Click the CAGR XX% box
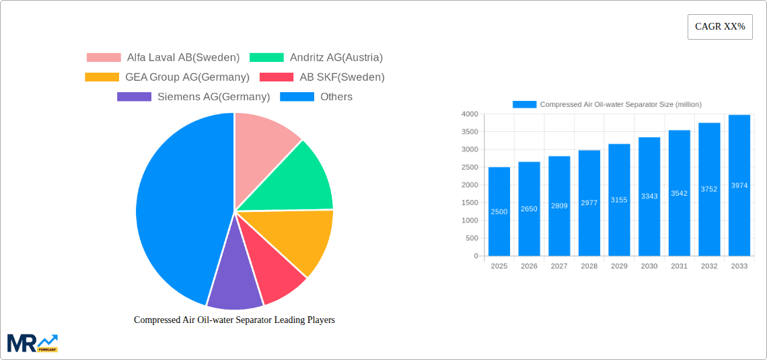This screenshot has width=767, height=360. tap(720, 27)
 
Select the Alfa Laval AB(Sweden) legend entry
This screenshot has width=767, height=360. tap(163, 58)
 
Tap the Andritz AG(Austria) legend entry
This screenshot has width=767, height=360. tap(316, 58)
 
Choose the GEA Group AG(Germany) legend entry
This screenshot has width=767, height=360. tap(168, 77)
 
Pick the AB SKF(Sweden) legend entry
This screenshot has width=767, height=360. tap(322, 77)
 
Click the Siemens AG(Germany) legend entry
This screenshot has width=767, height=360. tap(194, 97)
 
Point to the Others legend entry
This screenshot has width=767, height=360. tap(316, 97)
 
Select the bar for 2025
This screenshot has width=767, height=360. tap(499, 212)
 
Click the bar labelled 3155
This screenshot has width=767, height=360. tap(619, 200)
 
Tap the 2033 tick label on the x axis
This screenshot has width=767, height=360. tap(739, 266)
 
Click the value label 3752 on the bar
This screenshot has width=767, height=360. tap(709, 189)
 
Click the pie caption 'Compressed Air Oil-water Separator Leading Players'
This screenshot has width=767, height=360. tap(234, 320)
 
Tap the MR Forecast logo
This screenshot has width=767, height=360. tap(32, 343)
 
